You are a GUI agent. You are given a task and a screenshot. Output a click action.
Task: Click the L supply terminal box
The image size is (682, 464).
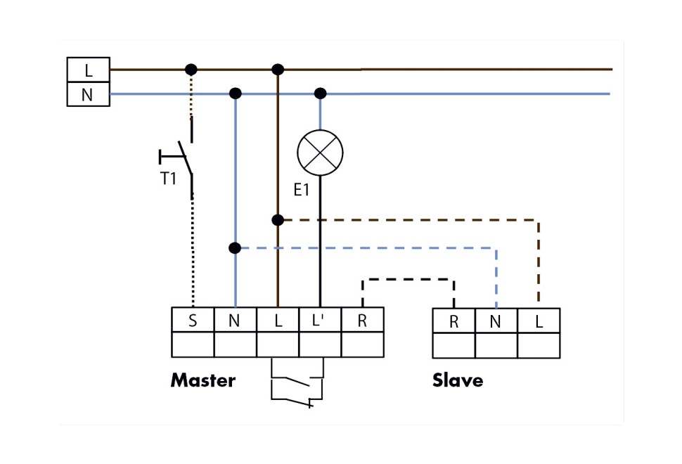(x=88, y=70)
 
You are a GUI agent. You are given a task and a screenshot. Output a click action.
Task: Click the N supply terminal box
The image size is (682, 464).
(x=88, y=94)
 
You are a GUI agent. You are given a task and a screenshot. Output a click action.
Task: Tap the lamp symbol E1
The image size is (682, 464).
(x=320, y=153)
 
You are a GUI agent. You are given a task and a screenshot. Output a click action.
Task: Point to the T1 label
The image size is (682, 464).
(x=168, y=179)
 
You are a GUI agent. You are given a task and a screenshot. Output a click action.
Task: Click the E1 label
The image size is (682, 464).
(x=301, y=190)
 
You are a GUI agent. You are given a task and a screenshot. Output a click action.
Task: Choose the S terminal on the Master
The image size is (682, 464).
(x=193, y=321)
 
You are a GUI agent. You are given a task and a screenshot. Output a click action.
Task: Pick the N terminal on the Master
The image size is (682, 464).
(x=235, y=321)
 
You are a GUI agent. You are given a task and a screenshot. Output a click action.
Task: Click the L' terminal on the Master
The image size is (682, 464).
(x=320, y=321)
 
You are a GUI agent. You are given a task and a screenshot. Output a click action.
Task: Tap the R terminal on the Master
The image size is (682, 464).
(x=362, y=321)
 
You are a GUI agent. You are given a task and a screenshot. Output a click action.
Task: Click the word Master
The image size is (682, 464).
(x=202, y=380)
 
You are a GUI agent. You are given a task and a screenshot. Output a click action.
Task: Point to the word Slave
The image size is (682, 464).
(x=458, y=380)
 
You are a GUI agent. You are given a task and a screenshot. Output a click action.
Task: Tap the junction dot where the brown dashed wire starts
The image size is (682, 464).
(x=278, y=220)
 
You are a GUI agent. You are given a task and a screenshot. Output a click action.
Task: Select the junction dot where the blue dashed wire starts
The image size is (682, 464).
(x=235, y=248)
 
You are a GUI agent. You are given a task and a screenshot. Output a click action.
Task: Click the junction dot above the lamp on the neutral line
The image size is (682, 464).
(x=320, y=94)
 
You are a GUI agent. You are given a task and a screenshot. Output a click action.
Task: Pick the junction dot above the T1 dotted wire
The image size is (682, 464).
(x=191, y=70)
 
